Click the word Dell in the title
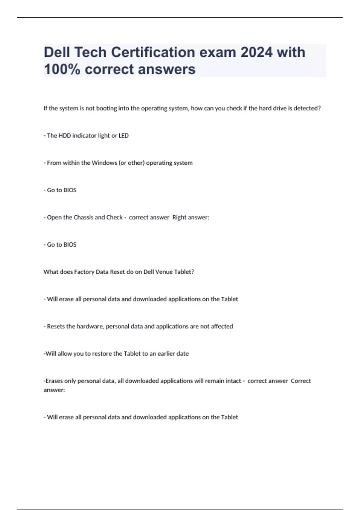click(56, 52)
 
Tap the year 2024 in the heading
click(256, 52)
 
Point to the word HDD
click(65, 136)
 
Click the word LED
click(124, 136)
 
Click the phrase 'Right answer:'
click(190, 217)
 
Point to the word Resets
click(56, 326)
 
